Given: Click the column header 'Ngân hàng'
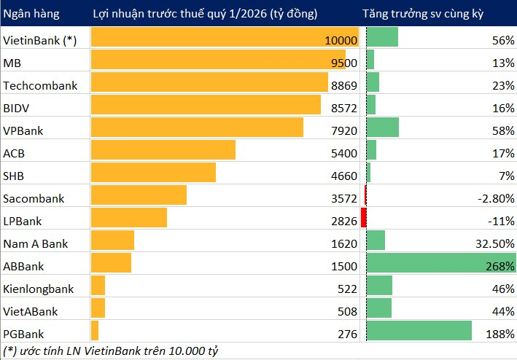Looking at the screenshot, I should coord(31,14).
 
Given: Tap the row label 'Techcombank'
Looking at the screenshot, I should coord(40,86).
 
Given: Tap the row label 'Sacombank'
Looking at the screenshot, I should coord(34,198).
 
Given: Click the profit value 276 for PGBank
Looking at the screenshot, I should coord(347,334).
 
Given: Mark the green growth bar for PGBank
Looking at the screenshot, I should coord(419,331).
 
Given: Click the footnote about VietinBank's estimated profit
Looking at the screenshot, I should coord(111,351).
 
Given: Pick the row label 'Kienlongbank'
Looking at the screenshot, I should coord(38,289).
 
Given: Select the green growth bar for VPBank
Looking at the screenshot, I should coord(382,128).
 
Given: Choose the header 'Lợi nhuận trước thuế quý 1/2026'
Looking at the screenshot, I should coord(205,14).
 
